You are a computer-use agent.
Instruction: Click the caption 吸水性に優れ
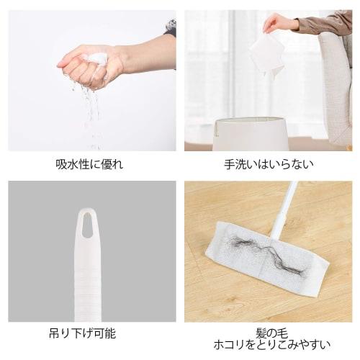[89, 163]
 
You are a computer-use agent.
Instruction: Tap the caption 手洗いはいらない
[268, 163]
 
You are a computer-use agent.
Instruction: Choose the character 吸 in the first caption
[60, 163]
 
